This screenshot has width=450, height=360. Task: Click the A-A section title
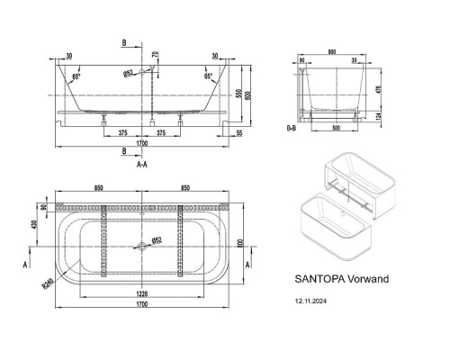point(141,166)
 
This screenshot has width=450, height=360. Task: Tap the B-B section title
point(291,128)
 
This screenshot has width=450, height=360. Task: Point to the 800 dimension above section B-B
point(334,52)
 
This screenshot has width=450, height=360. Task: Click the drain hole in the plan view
point(142,243)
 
